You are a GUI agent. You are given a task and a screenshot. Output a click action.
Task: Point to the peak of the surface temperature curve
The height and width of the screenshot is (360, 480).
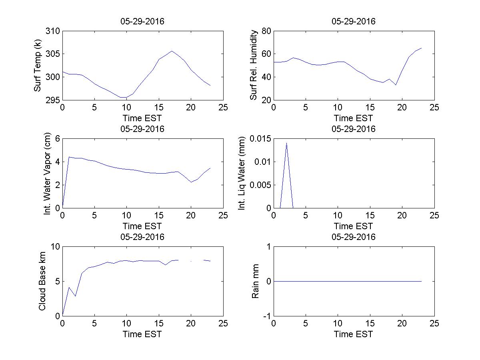(172, 51)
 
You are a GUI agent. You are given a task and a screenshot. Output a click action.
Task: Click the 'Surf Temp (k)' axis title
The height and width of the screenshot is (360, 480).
(38, 66)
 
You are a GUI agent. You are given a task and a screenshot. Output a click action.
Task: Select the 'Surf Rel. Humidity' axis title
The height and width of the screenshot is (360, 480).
(253, 66)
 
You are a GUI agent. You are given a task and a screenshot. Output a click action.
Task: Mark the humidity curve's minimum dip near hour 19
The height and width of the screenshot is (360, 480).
(396, 85)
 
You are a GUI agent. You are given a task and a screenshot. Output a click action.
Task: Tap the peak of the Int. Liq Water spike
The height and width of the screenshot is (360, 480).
(286, 143)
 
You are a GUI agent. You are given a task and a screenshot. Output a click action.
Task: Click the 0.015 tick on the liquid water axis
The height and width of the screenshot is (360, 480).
(260, 139)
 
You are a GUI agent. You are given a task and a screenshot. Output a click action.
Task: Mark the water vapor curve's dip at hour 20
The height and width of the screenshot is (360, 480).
(191, 182)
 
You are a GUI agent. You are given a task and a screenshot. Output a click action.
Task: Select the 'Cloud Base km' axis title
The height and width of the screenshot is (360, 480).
(42, 281)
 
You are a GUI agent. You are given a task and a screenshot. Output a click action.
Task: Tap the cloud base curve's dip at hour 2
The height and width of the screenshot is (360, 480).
(75, 296)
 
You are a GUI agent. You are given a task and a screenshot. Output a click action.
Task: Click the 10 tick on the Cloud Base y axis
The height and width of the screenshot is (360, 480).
(55, 247)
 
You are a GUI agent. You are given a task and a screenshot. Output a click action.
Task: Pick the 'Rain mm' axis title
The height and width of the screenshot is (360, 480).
(255, 281)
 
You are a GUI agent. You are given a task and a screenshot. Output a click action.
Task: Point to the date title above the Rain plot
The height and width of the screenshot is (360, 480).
(354, 237)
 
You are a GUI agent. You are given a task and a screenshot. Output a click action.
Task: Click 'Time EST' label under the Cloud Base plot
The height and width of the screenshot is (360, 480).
(142, 334)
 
